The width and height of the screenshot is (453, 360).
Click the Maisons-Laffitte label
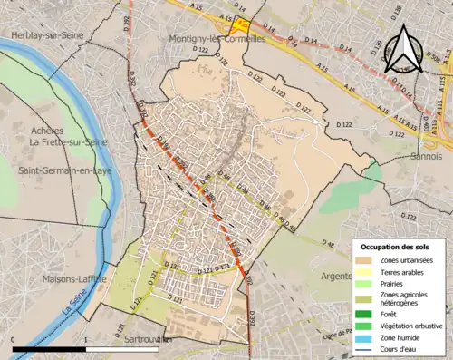pyautogui.click(x=75, y=278)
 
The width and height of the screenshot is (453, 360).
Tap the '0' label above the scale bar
pyautogui.click(x=14, y=339)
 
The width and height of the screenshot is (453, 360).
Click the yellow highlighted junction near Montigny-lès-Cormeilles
pyautogui.click(x=239, y=26)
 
